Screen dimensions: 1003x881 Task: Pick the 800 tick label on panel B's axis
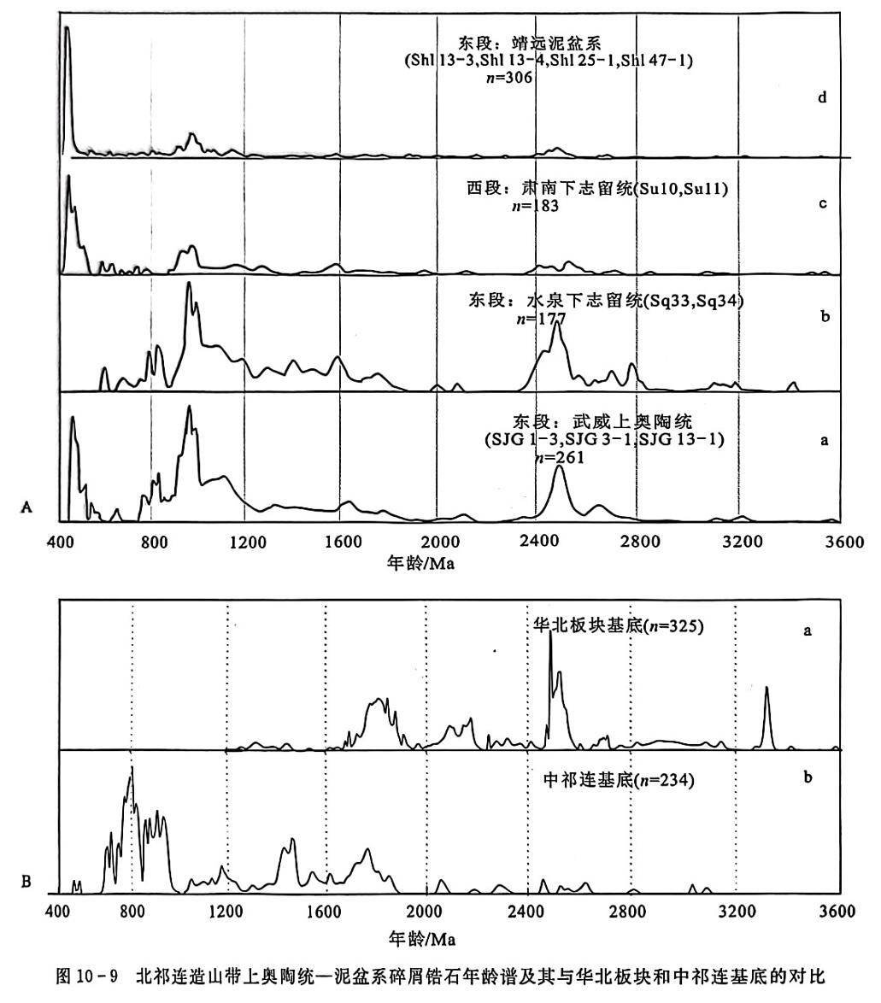point(132,909)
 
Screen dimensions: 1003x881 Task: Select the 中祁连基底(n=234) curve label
point(618,780)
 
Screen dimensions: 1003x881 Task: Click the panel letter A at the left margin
point(26,507)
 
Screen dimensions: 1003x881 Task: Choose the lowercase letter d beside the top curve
point(821,97)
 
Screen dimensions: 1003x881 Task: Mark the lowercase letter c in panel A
point(822,205)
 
